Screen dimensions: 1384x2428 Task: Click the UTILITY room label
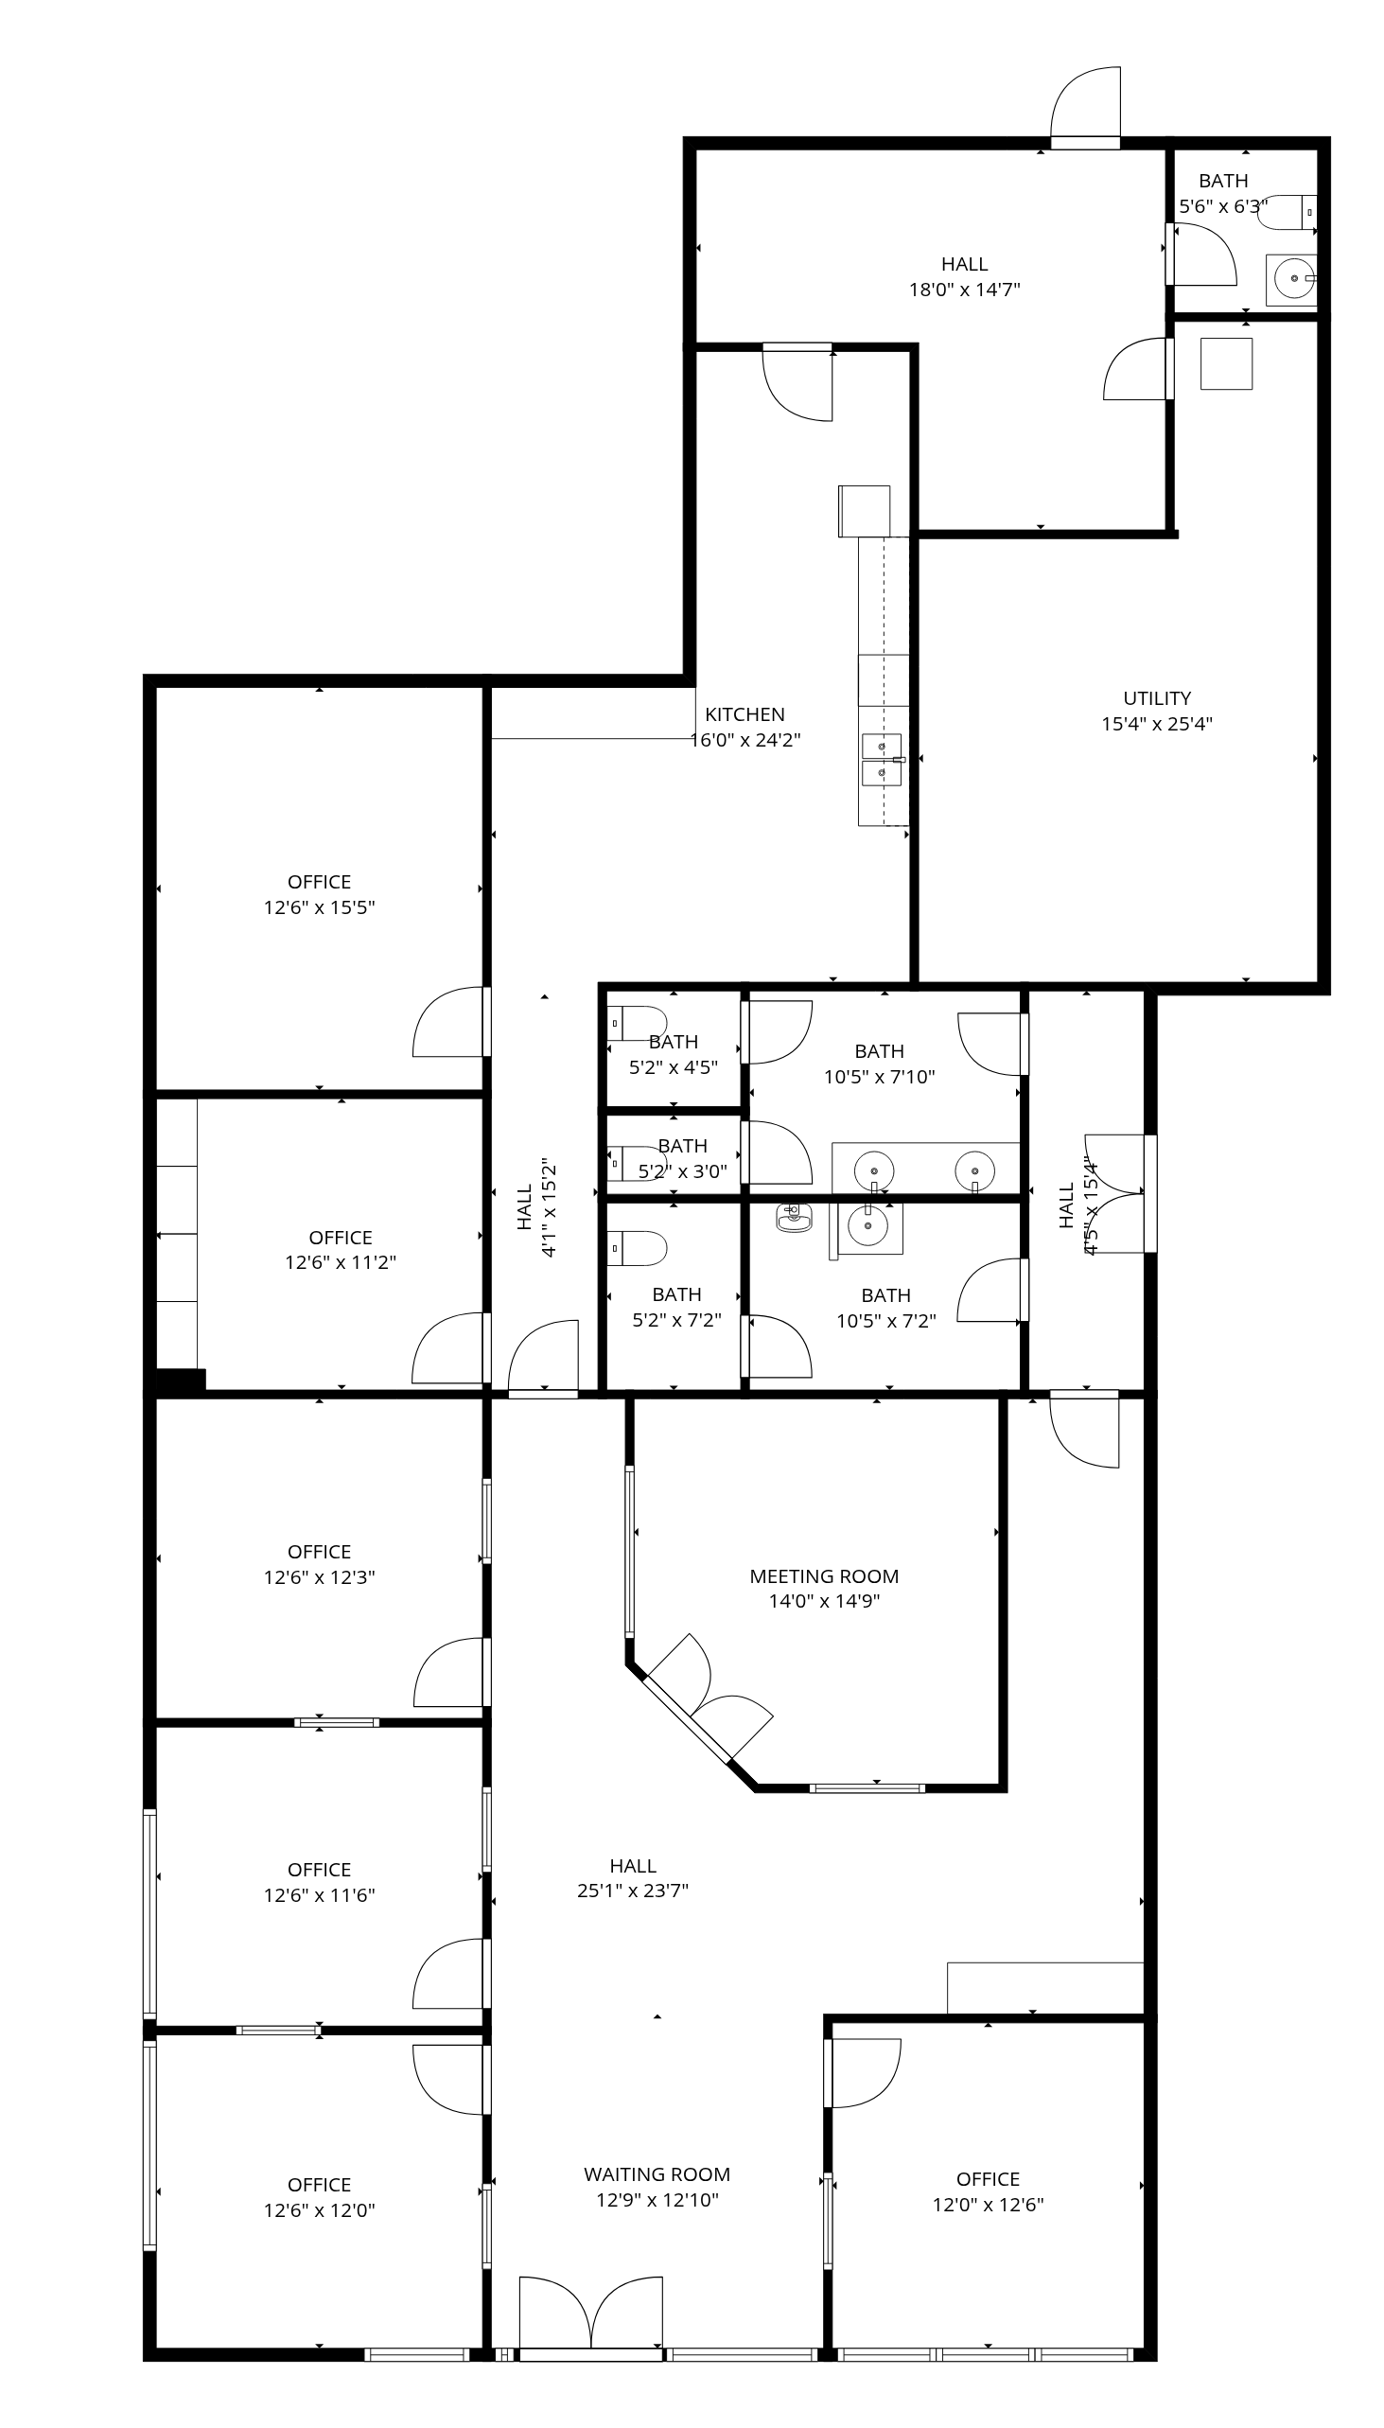[1157, 697]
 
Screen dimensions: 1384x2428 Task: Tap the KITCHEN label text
[745, 714]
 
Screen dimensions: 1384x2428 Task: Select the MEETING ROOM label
[824, 1576]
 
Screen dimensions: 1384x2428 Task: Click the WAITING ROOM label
[657, 2174]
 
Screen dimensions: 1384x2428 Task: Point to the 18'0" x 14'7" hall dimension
[965, 289]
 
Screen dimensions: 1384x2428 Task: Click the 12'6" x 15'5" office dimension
[320, 906]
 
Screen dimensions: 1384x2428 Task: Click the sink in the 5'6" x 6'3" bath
[1292, 279]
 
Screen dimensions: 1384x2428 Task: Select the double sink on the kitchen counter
[882, 760]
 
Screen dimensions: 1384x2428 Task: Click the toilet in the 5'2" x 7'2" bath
[637, 1248]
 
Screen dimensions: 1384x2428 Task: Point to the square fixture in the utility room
[1226, 363]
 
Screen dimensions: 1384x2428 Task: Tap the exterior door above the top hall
[1085, 109]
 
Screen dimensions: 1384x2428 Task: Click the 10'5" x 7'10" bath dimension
[879, 1076]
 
